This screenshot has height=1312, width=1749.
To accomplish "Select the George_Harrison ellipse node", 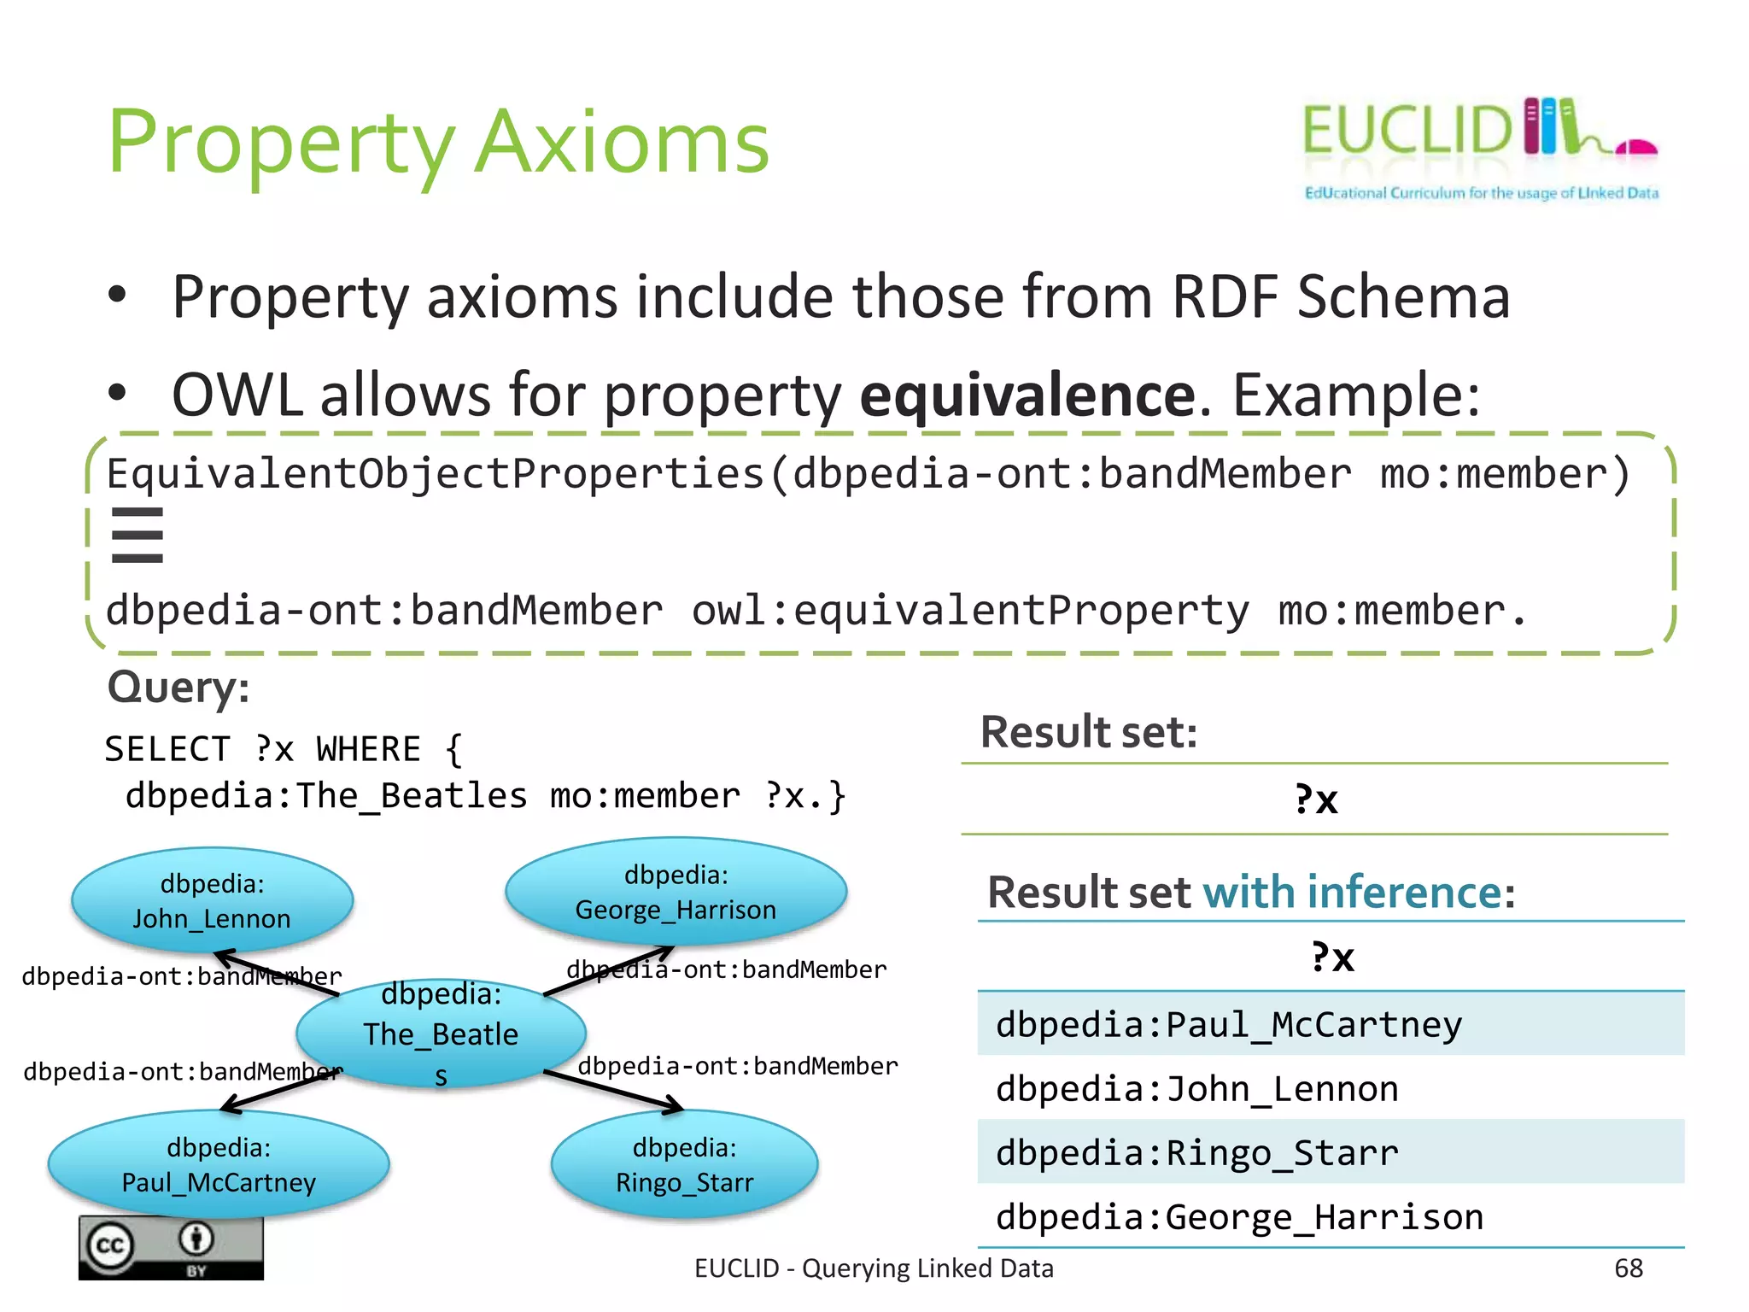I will [x=676, y=892].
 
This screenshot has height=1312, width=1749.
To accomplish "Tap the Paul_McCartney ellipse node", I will [x=219, y=1164].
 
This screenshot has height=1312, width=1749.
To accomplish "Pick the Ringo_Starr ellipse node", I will [x=684, y=1164].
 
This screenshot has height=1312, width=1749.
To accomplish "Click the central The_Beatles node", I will [x=441, y=1034].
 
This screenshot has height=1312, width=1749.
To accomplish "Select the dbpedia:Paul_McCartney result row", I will [x=1330, y=1024].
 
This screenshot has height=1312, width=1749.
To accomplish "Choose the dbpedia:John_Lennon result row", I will [x=1330, y=1088].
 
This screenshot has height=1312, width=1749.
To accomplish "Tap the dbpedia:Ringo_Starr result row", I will [x=1330, y=1152].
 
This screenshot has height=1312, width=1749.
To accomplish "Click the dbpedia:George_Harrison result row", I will [x=1330, y=1216].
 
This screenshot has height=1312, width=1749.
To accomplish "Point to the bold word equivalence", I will [x=1027, y=395].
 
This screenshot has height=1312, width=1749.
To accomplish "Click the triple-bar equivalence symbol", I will [x=137, y=536].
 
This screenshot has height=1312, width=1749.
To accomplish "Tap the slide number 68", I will [x=1628, y=1268].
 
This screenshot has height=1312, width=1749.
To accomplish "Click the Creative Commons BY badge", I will [x=171, y=1248].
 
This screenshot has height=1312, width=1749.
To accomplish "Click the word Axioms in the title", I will [x=622, y=143].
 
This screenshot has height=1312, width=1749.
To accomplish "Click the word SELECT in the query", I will [x=167, y=749].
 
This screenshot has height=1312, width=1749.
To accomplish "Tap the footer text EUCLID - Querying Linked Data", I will [x=873, y=1268].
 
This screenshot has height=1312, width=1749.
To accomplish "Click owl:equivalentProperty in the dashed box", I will [x=969, y=611].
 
